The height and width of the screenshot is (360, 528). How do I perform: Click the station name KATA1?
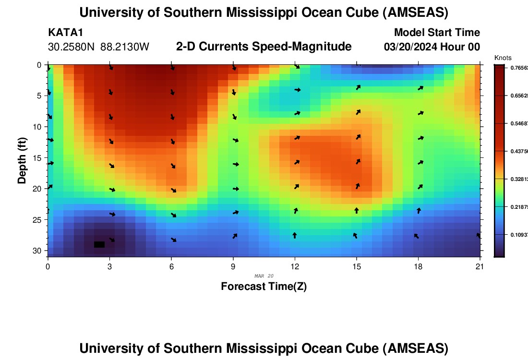(66, 33)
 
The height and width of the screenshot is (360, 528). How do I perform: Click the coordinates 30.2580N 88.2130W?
(99, 47)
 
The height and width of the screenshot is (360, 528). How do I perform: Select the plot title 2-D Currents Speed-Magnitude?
(264, 47)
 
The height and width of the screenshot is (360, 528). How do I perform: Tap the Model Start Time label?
(437, 33)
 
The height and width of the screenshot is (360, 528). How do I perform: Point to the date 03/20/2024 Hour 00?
(432, 47)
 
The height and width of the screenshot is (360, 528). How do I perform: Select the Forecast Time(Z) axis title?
(264, 287)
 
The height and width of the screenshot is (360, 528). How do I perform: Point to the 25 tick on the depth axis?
(39, 220)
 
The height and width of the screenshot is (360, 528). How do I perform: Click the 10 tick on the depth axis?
(39, 127)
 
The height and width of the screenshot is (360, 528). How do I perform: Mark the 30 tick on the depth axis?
(39, 251)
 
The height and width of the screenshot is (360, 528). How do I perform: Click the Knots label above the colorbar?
(503, 58)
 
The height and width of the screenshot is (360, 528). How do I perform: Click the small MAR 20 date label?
(264, 276)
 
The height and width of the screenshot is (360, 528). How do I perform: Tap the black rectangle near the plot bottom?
(99, 244)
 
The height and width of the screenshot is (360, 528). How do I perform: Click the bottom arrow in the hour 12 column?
(294, 235)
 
